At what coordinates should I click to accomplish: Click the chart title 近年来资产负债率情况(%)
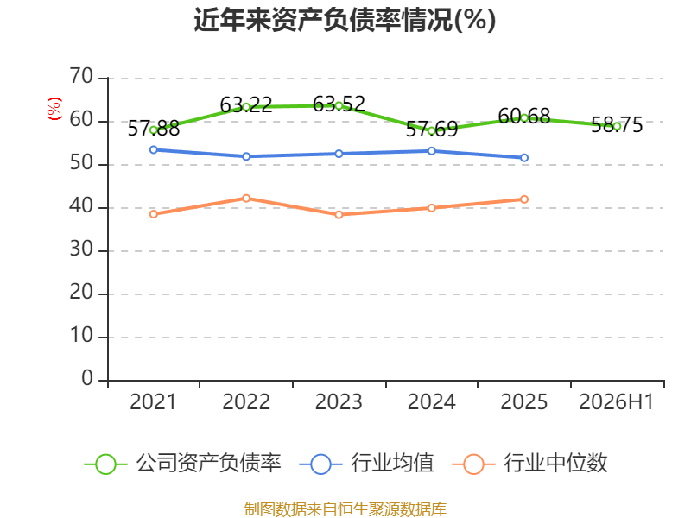345,20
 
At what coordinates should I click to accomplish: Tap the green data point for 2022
246,107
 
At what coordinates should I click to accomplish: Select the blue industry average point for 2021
154,149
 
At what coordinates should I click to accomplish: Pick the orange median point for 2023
339,214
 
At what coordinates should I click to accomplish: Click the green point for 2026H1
617,126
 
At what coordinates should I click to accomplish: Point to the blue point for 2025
524,158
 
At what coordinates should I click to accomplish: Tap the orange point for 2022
246,199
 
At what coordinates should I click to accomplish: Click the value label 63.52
339,104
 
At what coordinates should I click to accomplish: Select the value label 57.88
154,129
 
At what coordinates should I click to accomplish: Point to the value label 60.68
524,117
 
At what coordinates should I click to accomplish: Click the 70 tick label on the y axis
81,76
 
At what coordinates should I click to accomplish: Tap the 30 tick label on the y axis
81,250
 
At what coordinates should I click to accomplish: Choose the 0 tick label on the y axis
87,378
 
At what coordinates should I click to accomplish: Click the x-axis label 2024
431,401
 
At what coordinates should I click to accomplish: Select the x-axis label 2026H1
616,401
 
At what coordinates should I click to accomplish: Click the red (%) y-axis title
54,109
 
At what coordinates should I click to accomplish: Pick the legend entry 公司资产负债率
183,464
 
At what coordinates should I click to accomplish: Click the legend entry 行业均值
366,464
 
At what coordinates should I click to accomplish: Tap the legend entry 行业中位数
530,464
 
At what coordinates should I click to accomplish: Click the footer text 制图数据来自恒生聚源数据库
345,509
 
